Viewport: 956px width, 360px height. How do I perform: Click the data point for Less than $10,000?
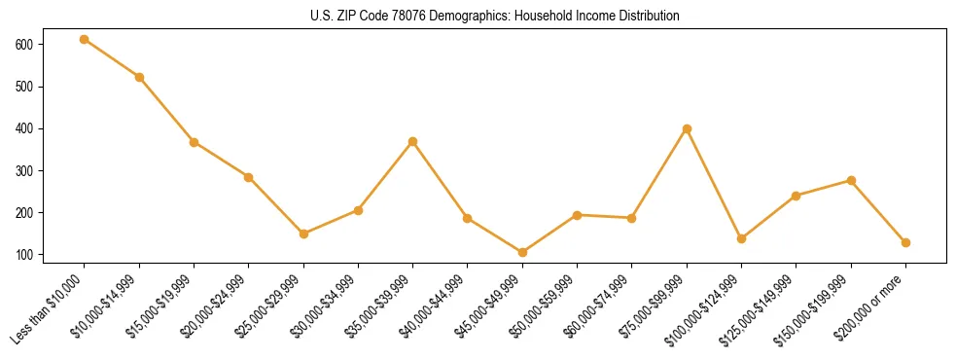[85, 39]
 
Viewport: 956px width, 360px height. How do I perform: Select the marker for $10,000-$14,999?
[139, 77]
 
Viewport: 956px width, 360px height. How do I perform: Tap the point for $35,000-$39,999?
[413, 141]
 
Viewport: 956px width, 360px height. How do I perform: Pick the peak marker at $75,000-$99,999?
[688, 128]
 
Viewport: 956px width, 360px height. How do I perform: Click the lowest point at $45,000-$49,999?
[523, 252]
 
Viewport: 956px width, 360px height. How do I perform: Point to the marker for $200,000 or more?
[906, 242]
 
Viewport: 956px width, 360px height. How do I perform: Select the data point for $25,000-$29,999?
[303, 234]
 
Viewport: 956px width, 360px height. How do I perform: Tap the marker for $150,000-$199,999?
[852, 180]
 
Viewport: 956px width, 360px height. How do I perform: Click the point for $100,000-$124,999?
[742, 238]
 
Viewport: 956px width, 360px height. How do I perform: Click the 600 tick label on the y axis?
[24, 45]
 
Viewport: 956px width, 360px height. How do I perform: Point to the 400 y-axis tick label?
[24, 128]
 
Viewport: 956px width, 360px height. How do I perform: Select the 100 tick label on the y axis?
[24, 255]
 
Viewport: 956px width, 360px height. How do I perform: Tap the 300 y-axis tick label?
[24, 171]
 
